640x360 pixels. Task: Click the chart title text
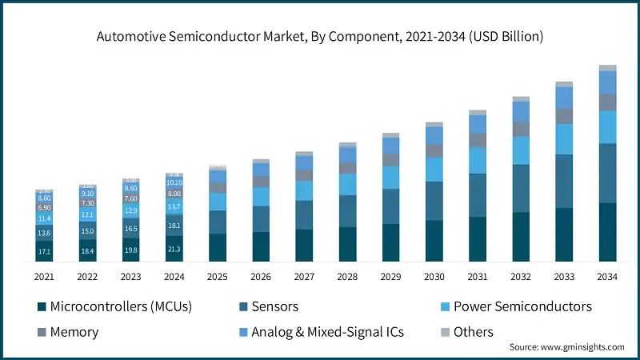tap(320, 37)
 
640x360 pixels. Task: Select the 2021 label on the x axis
tap(44, 276)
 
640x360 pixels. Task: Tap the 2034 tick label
tap(607, 276)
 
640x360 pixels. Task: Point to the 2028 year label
tap(347, 276)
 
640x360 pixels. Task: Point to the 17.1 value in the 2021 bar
tap(44, 252)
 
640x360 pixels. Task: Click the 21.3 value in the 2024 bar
tap(174, 250)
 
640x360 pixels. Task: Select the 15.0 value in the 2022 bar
tap(87, 231)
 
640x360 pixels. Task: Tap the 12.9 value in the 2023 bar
tap(130, 210)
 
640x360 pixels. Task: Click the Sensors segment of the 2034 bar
tap(607, 173)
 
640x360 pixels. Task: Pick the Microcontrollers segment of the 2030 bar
tap(434, 241)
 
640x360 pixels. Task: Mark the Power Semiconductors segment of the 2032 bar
tap(521, 150)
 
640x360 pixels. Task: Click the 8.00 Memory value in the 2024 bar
tap(174, 194)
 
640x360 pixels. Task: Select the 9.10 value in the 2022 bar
tap(87, 193)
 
